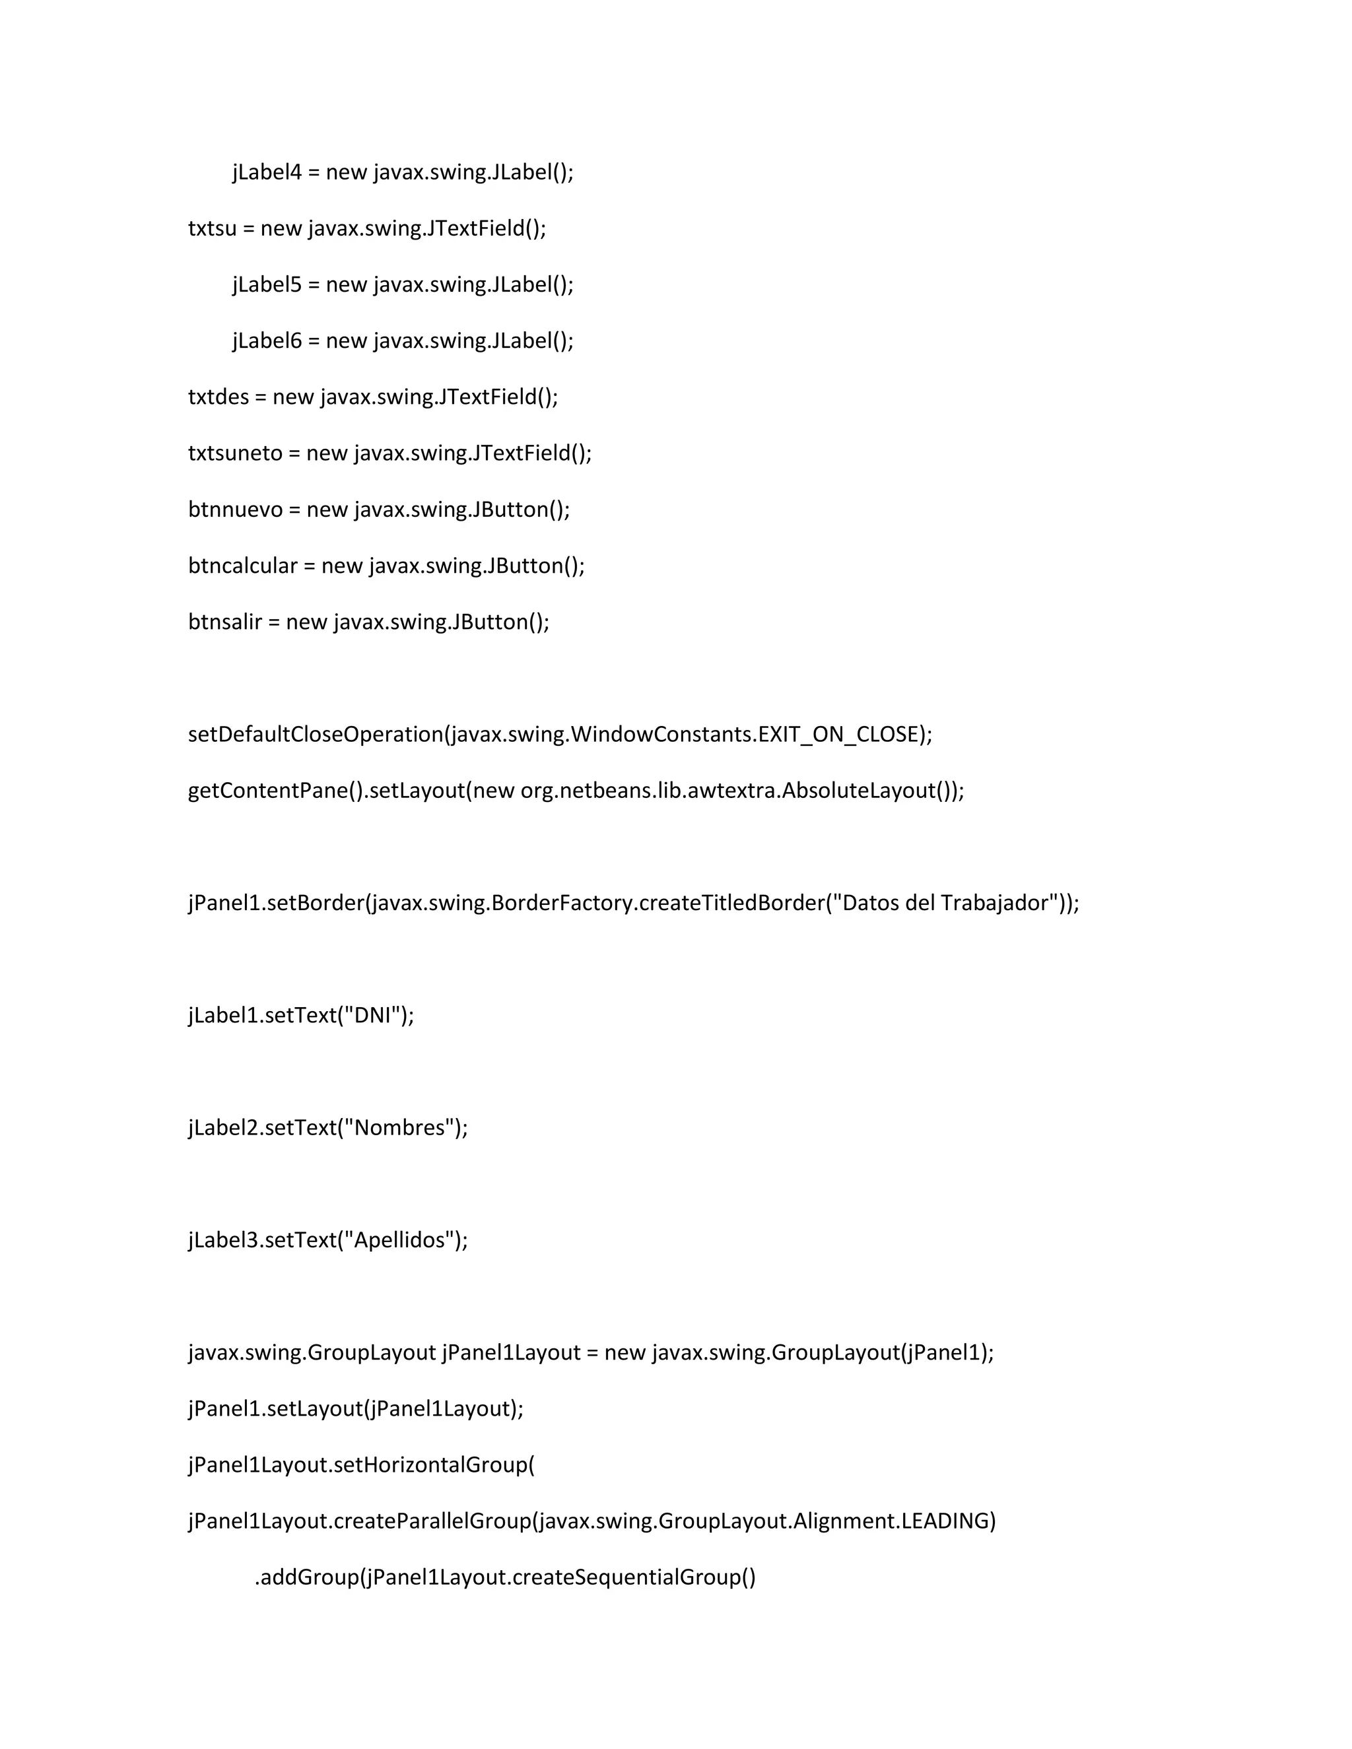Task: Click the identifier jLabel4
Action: [267, 173]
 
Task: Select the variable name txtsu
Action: [213, 229]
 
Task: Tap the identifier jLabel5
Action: [267, 285]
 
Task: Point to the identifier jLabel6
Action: [267, 341]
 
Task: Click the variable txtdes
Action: [218, 397]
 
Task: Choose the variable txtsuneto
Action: [234, 453]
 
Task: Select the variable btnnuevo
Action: [234, 510]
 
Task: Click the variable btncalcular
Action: [242, 566]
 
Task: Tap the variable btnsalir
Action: [224, 622]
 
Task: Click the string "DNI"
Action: [376, 1016]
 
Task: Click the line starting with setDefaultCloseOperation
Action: [560, 735]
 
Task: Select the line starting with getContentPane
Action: [576, 791]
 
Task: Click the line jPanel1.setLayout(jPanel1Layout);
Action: [356, 1408]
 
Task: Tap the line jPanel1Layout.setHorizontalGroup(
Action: [361, 1465]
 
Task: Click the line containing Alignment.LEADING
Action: [592, 1521]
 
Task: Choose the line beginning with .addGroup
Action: [504, 1577]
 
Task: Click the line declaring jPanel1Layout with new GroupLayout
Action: [590, 1352]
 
